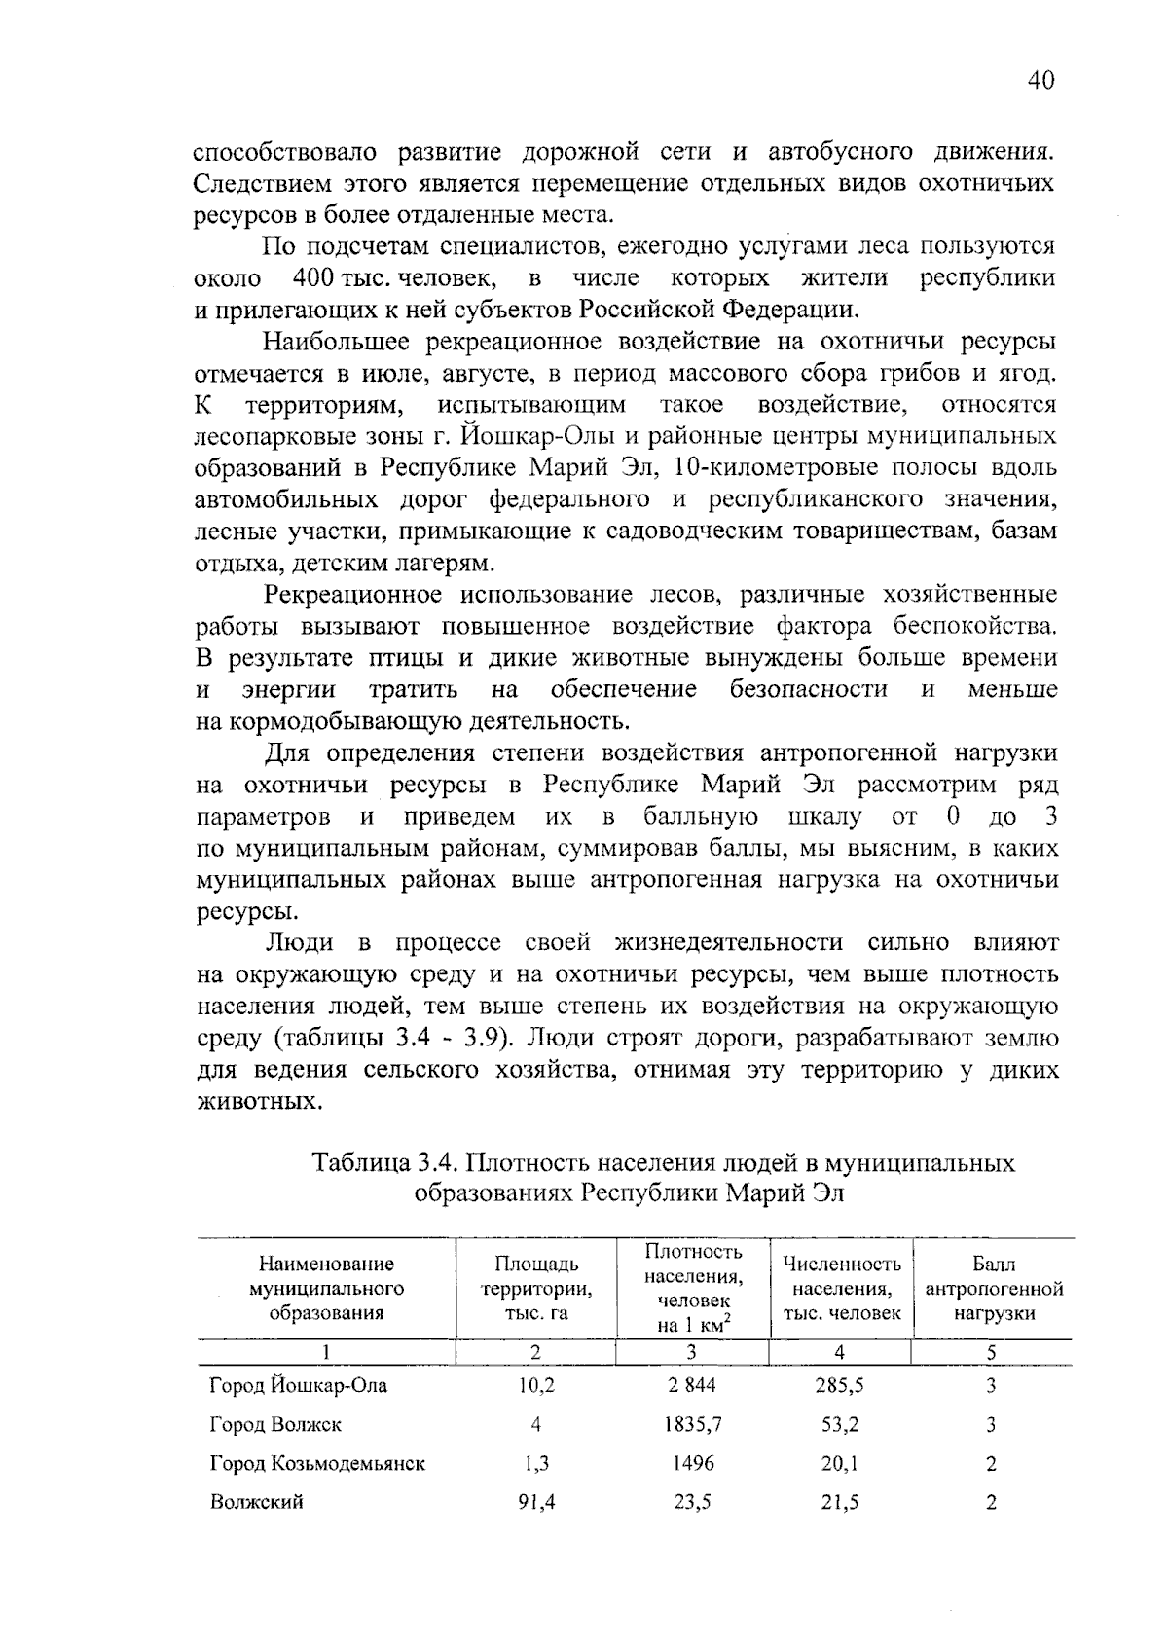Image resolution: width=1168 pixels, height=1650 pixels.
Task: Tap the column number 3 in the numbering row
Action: point(692,1352)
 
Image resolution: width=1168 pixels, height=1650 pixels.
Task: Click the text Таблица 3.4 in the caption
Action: point(383,1163)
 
